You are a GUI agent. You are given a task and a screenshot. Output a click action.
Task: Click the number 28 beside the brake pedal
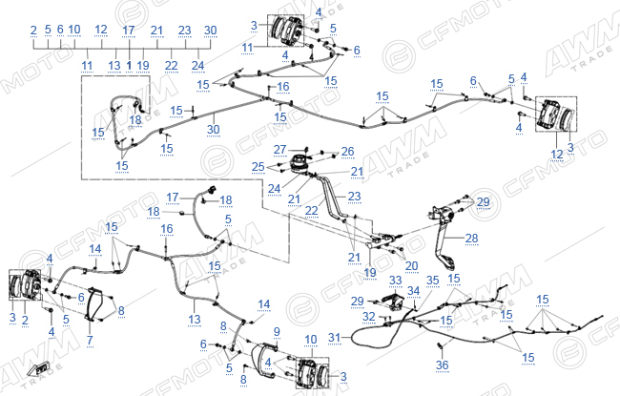point(472,239)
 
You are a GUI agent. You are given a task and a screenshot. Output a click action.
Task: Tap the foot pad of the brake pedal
point(447,261)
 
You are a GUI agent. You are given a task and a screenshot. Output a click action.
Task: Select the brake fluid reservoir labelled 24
point(301,163)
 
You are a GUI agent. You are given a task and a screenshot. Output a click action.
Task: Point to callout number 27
point(279,150)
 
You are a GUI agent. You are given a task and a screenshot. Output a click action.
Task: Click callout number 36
point(442,365)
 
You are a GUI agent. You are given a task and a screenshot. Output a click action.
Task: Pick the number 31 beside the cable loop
point(335,338)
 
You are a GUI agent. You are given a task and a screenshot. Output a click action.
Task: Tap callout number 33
point(396,281)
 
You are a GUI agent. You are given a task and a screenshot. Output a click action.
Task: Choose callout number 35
point(433,281)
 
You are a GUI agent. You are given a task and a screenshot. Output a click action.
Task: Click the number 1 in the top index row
point(129,66)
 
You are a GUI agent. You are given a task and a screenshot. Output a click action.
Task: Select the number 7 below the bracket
point(90,340)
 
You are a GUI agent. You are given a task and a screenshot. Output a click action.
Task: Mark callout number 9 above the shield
point(277,331)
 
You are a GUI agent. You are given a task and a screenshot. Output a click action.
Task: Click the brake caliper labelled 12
point(548,114)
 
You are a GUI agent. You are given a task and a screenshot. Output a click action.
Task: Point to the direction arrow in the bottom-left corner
point(38,369)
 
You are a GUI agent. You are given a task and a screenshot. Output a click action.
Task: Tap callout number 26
point(347,151)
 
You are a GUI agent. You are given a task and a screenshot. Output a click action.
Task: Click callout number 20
point(411,266)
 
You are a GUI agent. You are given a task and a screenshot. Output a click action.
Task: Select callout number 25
point(258,167)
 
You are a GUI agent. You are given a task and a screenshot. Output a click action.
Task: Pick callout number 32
point(368,316)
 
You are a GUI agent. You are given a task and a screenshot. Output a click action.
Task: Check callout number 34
point(414,291)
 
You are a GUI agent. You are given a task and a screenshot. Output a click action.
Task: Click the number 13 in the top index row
point(114,66)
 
